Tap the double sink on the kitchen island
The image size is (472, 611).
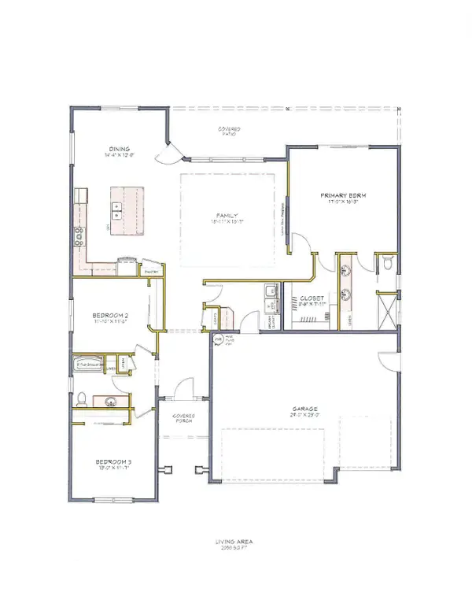pos(116,211)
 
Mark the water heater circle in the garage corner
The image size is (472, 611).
pos(218,339)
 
